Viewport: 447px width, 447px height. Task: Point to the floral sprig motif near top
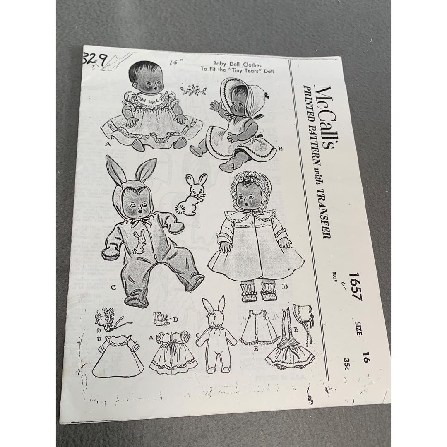193,89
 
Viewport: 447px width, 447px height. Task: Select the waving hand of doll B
216,107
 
